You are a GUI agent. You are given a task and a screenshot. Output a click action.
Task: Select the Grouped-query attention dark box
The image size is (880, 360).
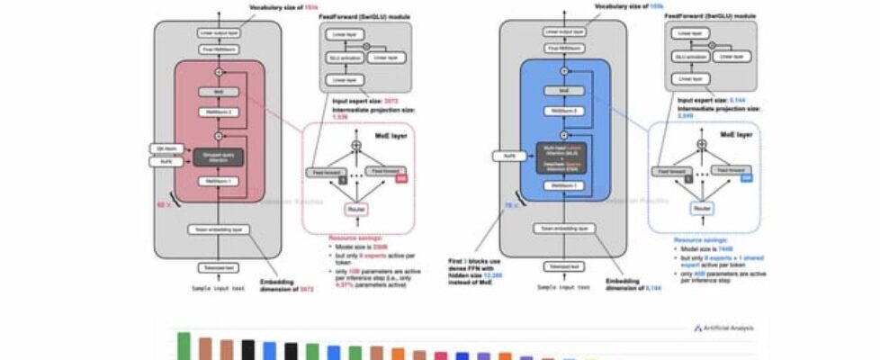pyautogui.click(x=219, y=158)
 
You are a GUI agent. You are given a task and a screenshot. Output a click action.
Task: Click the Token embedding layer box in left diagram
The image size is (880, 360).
pyautogui.click(x=219, y=229)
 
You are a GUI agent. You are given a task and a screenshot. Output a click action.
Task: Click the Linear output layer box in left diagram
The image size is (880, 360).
pyautogui.click(x=219, y=33)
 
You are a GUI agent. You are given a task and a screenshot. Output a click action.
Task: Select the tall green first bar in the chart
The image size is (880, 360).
pyautogui.click(x=184, y=346)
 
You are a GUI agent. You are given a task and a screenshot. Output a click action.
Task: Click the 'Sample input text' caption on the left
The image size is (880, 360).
pyautogui.click(x=219, y=287)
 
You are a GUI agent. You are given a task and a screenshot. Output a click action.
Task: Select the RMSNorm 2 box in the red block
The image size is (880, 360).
pyautogui.click(x=219, y=112)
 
